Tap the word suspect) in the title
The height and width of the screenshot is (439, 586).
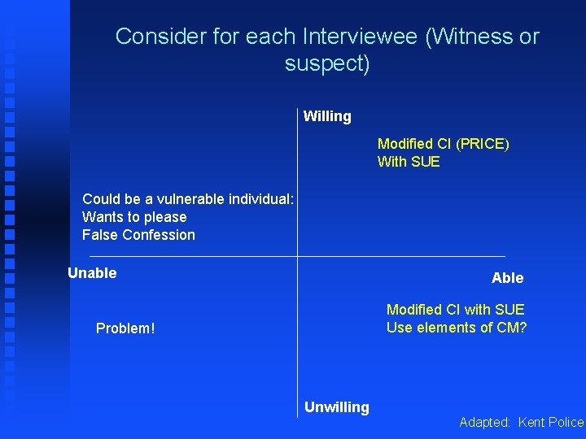[x=327, y=63]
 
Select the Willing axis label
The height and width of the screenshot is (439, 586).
[x=327, y=116]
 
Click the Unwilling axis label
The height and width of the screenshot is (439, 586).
[x=336, y=407]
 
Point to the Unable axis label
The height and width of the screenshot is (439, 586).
[x=92, y=273]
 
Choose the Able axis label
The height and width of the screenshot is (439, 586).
[x=507, y=278]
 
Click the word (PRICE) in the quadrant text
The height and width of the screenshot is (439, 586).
[x=482, y=144]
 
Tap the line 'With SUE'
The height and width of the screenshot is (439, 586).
[x=409, y=162]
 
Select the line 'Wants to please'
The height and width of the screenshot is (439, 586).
[x=134, y=217]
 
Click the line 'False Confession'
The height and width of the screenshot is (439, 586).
[x=138, y=235]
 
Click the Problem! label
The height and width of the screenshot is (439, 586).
[x=125, y=328]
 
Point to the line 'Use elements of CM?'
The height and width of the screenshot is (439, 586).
[x=457, y=328]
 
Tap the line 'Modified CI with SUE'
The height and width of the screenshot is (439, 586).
[x=455, y=310]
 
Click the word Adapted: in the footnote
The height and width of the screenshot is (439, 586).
[x=485, y=422]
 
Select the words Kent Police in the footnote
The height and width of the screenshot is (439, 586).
[x=551, y=422]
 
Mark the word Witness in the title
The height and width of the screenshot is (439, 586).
[x=461, y=37]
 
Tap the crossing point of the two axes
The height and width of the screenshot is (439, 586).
[x=297, y=256]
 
